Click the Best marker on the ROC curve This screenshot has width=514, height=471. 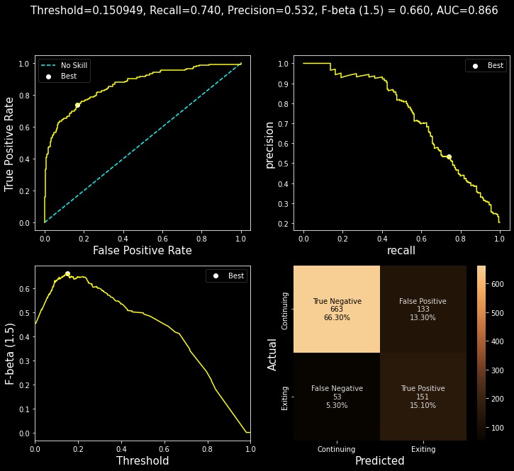(x=77, y=105)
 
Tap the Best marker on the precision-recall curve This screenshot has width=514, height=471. (x=449, y=157)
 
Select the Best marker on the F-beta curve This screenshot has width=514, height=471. (x=67, y=273)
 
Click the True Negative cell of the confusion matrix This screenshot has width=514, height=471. (x=337, y=309)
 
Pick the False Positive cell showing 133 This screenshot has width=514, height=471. (x=423, y=309)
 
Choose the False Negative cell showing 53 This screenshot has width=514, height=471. (x=337, y=396)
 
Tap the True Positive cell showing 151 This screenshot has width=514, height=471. (x=423, y=396)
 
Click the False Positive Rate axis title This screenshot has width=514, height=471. (x=142, y=250)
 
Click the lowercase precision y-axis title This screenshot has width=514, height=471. (x=269, y=144)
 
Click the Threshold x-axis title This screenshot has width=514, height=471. (x=143, y=461)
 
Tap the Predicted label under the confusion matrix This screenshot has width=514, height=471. (x=379, y=461)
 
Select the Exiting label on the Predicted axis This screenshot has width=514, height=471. (x=423, y=448)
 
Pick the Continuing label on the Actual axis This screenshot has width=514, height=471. (x=285, y=310)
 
